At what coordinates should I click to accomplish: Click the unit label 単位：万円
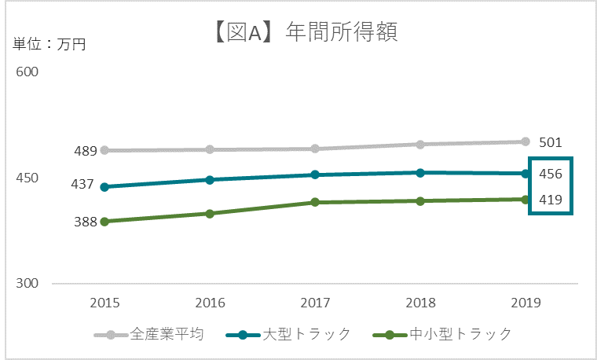click(49, 45)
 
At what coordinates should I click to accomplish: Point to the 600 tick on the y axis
click(27, 72)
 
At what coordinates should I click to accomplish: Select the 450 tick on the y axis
click(27, 178)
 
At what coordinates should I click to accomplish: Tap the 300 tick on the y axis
click(27, 284)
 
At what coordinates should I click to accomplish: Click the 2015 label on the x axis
click(104, 303)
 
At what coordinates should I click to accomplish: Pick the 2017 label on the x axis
click(314, 303)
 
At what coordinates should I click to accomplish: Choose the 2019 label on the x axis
click(526, 303)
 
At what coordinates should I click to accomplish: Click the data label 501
click(550, 142)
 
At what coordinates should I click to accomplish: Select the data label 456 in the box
click(550, 174)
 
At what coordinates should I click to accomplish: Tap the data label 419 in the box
click(550, 200)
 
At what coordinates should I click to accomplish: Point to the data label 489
click(85, 151)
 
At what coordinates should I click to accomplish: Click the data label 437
click(83, 185)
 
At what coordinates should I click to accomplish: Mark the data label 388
click(85, 222)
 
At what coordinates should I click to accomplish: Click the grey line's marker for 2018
click(420, 145)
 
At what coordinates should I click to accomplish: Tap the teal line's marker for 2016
click(210, 180)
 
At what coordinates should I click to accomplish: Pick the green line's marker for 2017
click(315, 203)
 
